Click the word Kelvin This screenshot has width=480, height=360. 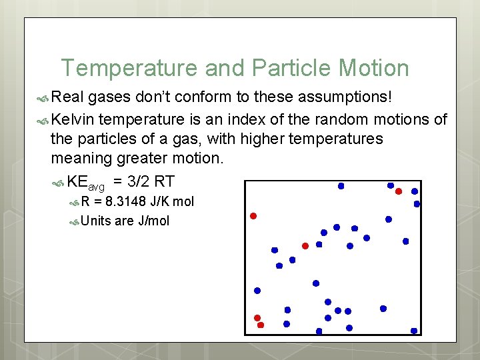pyautogui.click(x=72, y=119)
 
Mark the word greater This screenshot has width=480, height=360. pyautogui.click(x=149, y=158)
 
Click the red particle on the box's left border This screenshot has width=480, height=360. pyautogui.click(x=253, y=216)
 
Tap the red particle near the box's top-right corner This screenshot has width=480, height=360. pyautogui.click(x=399, y=191)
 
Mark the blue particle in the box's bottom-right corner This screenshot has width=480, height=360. pyautogui.click(x=414, y=331)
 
